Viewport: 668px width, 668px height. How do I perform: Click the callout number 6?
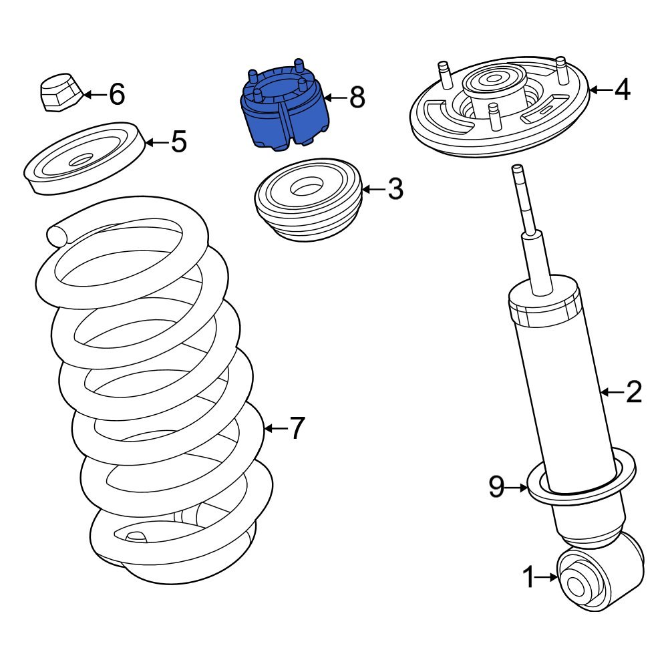(117, 95)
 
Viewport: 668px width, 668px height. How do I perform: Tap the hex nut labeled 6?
(58, 93)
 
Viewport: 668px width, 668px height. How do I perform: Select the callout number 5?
(178, 142)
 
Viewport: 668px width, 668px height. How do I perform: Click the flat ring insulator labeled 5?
(83, 158)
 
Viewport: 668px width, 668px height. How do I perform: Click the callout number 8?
(357, 98)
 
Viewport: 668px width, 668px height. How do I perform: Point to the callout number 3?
(395, 190)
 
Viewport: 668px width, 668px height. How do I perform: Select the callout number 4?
(622, 90)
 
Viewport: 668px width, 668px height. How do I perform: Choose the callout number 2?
(633, 392)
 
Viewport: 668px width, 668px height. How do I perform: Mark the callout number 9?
(496, 488)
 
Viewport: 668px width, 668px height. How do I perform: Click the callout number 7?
(296, 428)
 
